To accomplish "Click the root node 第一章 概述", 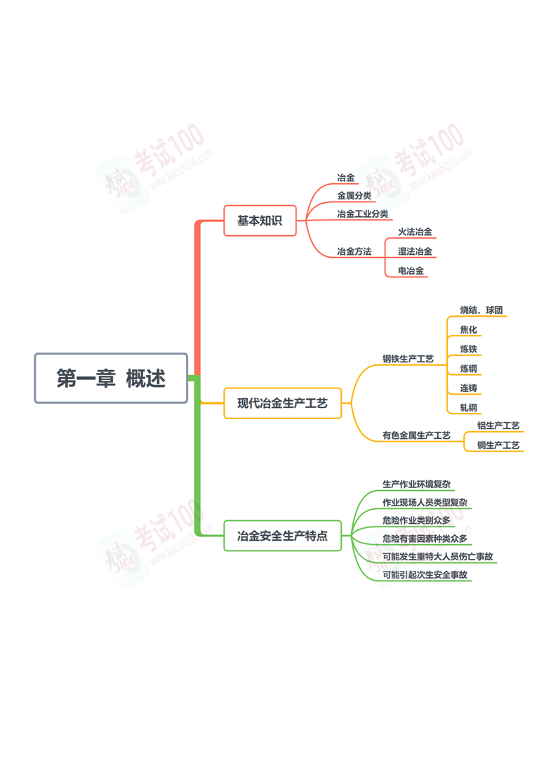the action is pyautogui.click(x=111, y=378).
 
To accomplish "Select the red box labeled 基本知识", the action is pyautogui.click(x=260, y=220).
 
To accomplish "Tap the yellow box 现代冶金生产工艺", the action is pyautogui.click(x=282, y=403).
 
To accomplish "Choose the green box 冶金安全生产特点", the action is pyautogui.click(x=282, y=536).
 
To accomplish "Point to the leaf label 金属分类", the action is pyautogui.click(x=354, y=196).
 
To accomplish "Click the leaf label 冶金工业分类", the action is pyautogui.click(x=363, y=214).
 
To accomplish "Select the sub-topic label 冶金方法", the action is pyautogui.click(x=354, y=252).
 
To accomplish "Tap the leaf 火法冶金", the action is pyautogui.click(x=415, y=232).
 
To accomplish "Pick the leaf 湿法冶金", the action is pyautogui.click(x=415, y=251).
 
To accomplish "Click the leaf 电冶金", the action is pyautogui.click(x=411, y=270).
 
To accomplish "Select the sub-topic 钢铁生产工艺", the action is pyautogui.click(x=408, y=359).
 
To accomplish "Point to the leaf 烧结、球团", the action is pyautogui.click(x=481, y=310).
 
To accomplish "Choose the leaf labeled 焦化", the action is pyautogui.click(x=469, y=329).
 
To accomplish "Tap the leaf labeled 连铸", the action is pyautogui.click(x=469, y=388).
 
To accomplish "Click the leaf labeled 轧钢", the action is pyautogui.click(x=469, y=408).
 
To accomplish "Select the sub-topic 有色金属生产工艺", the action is pyautogui.click(x=416, y=435).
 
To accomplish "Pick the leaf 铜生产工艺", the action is pyautogui.click(x=498, y=445).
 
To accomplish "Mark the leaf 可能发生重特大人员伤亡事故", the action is pyautogui.click(x=437, y=556).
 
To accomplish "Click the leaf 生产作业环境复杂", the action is pyautogui.click(x=416, y=485).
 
